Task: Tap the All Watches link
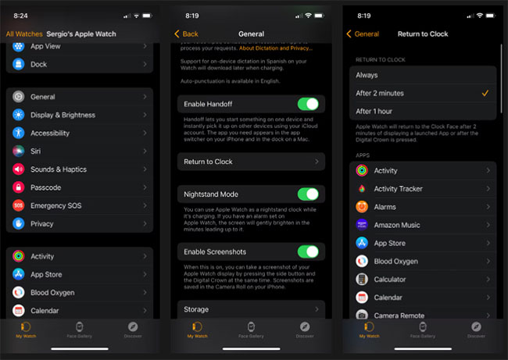24,34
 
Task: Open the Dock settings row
79,64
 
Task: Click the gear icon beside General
18,97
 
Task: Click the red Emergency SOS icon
18,205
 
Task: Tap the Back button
188,34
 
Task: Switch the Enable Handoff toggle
308,104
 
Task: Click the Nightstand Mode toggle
308,194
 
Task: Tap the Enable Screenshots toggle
308,251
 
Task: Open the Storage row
251,309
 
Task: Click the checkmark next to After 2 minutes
485,93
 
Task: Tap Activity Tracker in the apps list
422,188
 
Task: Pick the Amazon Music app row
422,225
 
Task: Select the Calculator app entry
422,279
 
